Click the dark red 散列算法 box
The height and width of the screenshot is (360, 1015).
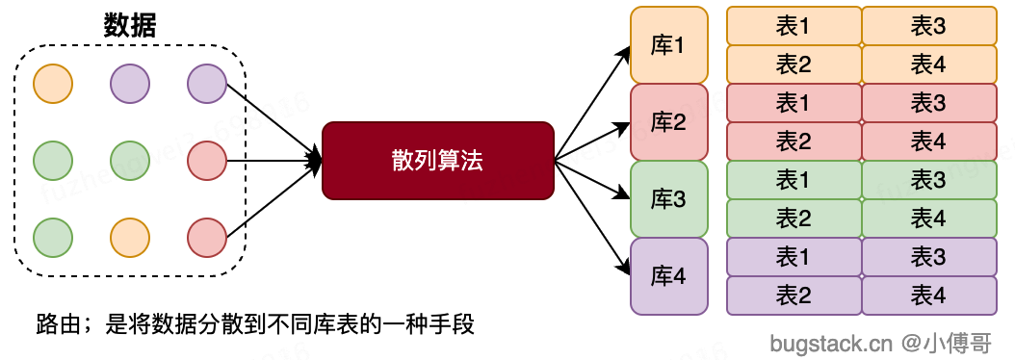[x=438, y=161]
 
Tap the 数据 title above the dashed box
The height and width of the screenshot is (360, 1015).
[x=130, y=26]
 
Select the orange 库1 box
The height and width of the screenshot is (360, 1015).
[x=668, y=45]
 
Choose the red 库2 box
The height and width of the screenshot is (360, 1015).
[x=668, y=122]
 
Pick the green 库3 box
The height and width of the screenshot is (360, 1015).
[x=668, y=199]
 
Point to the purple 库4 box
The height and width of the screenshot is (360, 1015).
[x=668, y=276]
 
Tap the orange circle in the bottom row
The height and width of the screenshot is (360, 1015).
[x=129, y=237]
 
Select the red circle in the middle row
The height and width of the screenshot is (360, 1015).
[x=206, y=160]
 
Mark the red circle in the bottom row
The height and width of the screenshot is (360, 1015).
[x=206, y=237]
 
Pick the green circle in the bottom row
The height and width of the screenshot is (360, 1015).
[x=52, y=237]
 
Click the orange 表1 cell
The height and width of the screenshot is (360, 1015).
[x=794, y=26]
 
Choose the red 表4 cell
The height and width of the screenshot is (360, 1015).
[x=928, y=141]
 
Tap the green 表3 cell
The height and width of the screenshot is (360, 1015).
[x=928, y=180]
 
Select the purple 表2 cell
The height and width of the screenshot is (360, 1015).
[x=794, y=296]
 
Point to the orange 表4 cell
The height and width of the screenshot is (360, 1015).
[x=928, y=64]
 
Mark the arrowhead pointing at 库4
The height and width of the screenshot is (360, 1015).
[x=621, y=265]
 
